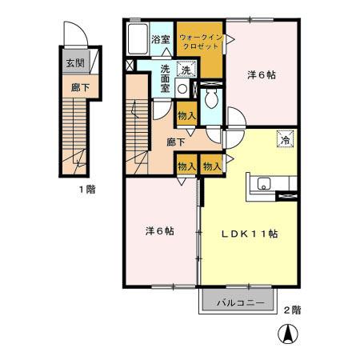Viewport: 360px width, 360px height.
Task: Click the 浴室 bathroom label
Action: coord(160,39)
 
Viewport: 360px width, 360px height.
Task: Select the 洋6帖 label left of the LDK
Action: coord(160,230)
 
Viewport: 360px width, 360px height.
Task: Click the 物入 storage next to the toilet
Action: coord(186,115)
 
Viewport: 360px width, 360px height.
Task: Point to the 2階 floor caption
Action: coord(292,309)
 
